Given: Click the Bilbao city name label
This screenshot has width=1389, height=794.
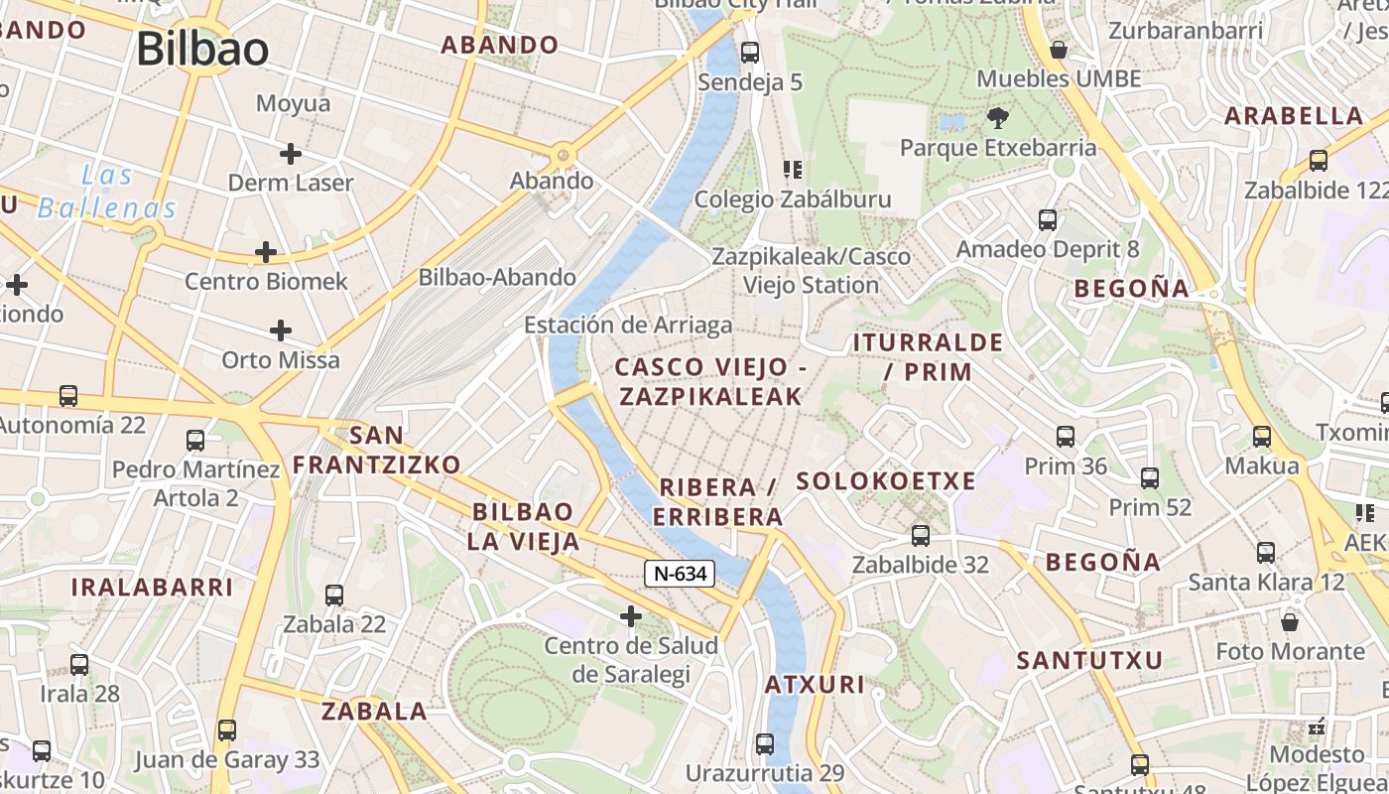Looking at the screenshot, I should pos(202,49).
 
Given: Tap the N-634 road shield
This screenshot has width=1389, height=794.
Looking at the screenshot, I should pos(680,573).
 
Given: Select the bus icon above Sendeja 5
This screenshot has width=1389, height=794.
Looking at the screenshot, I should pos(750,53).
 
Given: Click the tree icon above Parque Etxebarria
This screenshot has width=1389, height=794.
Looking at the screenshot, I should pos(997,119).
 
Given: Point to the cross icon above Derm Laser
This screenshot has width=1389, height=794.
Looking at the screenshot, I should pos(290,154).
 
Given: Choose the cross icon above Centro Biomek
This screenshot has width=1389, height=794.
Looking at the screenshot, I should pos(265,252).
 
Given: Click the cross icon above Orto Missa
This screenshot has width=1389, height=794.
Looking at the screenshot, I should pos(281,331).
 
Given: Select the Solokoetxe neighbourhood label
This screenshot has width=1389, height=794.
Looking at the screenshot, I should pos(886,481).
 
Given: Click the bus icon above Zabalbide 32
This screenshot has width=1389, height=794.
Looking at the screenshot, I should pos(921,536).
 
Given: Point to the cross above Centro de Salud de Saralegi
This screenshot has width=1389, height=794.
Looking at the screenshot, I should pos(630,617).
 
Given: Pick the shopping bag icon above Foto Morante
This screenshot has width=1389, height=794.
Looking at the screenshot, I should pos(1290,622).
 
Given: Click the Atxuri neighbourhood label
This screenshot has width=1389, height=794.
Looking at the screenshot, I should pos(815,684).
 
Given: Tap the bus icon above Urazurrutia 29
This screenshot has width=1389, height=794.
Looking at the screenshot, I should pos(764,743).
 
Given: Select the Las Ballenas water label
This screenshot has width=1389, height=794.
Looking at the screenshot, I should pos(107,193).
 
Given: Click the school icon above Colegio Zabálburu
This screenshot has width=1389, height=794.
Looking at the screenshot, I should pos(792,170).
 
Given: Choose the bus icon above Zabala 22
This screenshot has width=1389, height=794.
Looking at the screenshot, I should pos(334,595).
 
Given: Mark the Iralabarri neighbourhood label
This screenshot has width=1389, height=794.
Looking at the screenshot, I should pos(152,587).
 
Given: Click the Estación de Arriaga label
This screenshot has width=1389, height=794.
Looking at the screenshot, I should pos(628,325).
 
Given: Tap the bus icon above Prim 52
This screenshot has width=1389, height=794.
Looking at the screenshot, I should pos(1150,478).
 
